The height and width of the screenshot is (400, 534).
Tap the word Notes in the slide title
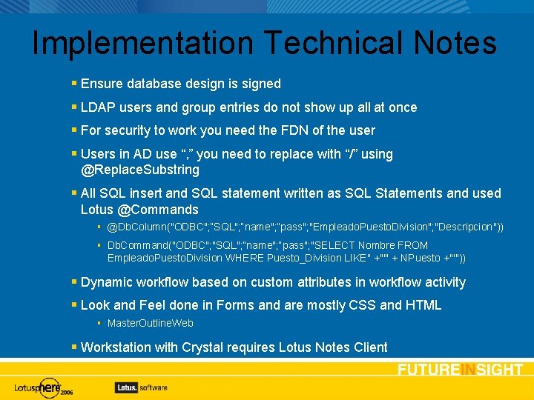(x=455, y=43)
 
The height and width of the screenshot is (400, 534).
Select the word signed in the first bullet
(x=260, y=84)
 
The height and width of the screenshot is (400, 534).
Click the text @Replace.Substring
(x=140, y=170)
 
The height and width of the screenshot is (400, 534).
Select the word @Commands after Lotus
(x=158, y=210)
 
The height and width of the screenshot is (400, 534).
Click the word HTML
(x=423, y=305)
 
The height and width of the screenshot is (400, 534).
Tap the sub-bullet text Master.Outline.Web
(x=151, y=324)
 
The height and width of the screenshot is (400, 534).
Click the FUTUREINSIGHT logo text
(x=460, y=370)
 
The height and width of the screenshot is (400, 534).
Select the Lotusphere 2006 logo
(x=44, y=387)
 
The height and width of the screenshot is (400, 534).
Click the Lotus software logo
(x=141, y=387)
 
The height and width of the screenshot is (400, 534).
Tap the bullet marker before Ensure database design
(x=74, y=84)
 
